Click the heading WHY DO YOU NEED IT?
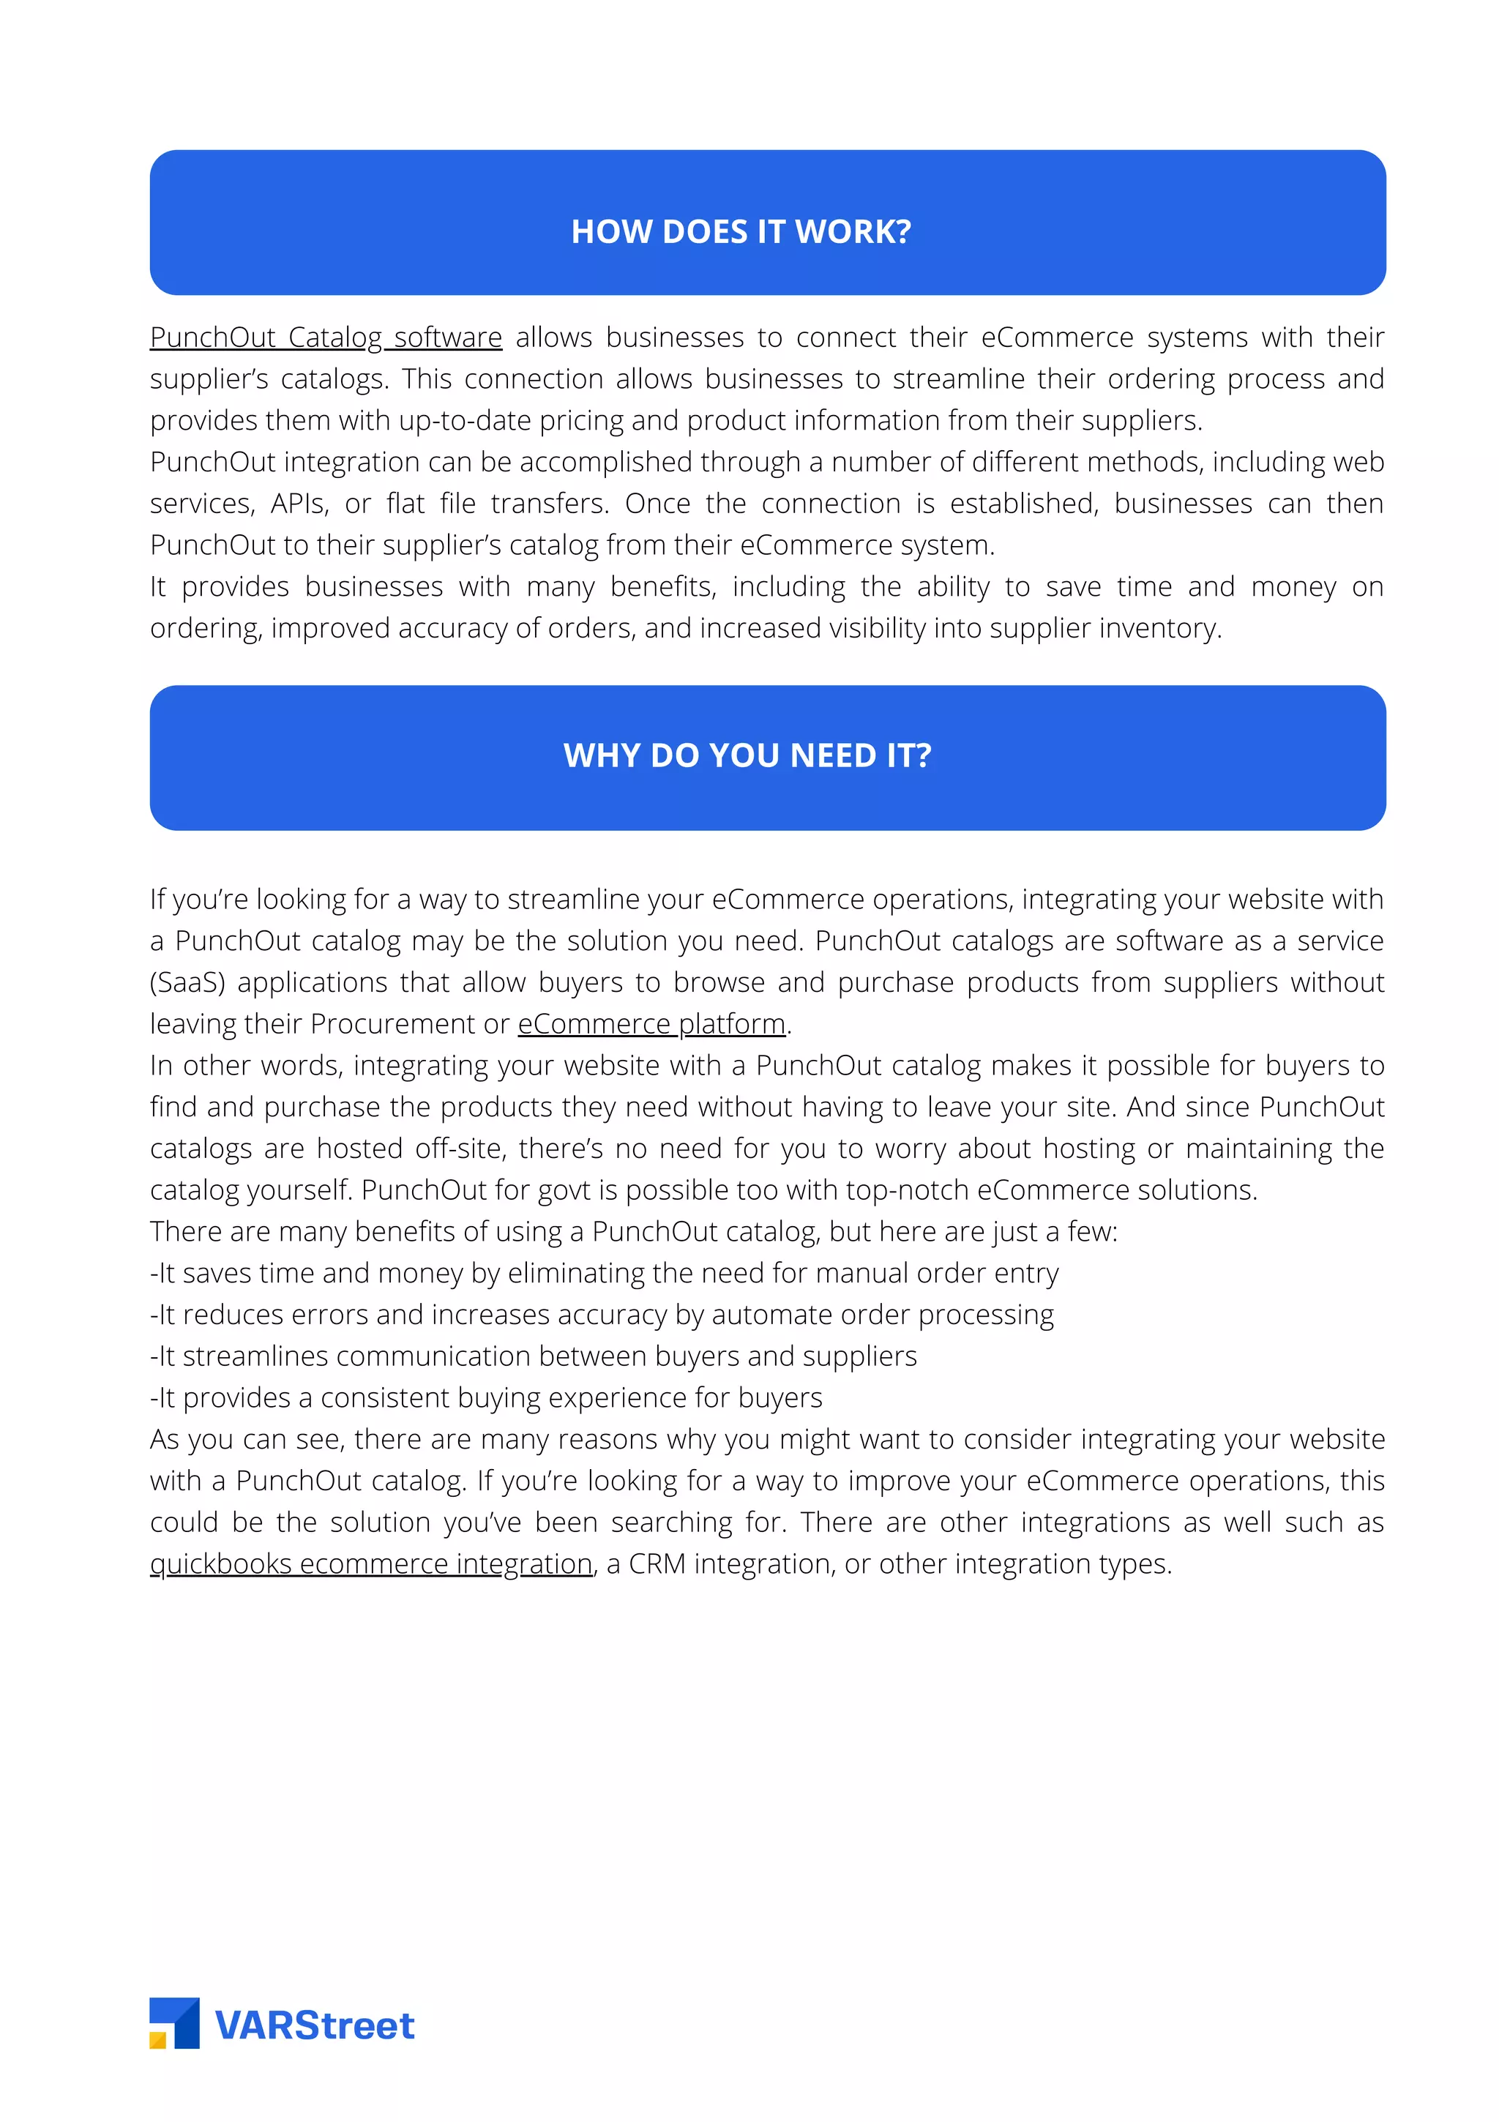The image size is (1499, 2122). click(747, 755)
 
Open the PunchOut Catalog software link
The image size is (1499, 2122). click(325, 337)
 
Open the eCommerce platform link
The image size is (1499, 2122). click(651, 1024)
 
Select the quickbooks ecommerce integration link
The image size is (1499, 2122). click(370, 1564)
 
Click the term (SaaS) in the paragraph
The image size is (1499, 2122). click(187, 982)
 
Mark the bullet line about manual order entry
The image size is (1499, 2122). click(605, 1274)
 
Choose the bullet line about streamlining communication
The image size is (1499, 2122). click(534, 1357)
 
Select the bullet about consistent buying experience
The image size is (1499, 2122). click(486, 1398)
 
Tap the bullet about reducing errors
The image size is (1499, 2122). click(602, 1315)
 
